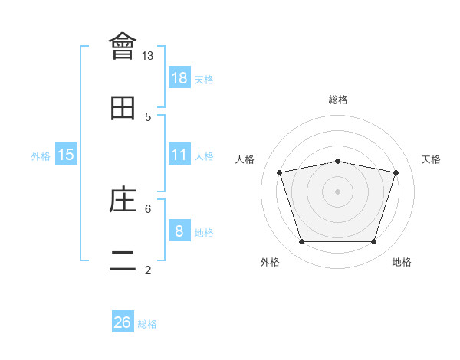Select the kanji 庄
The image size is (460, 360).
tap(123, 201)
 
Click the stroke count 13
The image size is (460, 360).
tap(148, 56)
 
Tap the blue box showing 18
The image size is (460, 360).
tap(179, 78)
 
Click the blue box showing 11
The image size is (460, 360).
tap(179, 155)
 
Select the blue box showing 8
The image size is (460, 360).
tap(179, 231)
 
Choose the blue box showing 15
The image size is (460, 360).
tap(66, 155)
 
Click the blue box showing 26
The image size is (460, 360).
tap(123, 322)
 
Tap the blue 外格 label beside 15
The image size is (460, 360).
tap(41, 156)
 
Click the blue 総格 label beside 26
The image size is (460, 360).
tap(147, 324)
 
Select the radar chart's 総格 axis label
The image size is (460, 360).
tap(338, 100)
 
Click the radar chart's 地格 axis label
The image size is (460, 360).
tap(402, 263)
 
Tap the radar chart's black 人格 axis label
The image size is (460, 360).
tap(245, 159)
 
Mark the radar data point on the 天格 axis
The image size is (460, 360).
tap(396, 173)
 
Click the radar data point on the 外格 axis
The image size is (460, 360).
tap(301, 242)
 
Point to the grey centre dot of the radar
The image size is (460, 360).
tap(337, 191)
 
